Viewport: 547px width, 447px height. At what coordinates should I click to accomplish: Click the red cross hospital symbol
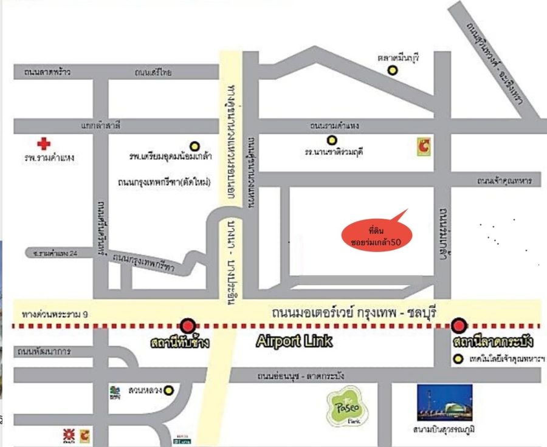click(43, 144)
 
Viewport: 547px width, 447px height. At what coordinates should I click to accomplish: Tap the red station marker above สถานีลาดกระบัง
click(459, 326)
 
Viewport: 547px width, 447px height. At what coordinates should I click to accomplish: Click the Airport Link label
click(294, 341)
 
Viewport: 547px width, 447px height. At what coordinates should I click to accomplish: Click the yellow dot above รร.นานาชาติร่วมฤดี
click(332, 140)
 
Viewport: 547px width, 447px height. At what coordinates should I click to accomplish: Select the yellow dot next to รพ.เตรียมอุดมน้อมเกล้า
click(194, 146)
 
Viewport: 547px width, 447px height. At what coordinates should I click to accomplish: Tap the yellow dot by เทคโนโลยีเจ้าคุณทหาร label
click(458, 359)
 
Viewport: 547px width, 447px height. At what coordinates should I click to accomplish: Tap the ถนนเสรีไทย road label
click(154, 72)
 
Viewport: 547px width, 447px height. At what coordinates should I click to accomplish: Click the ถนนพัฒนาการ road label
click(43, 351)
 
